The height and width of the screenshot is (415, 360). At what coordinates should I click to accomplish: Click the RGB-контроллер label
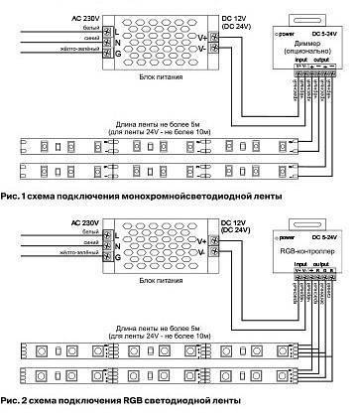coord(303,252)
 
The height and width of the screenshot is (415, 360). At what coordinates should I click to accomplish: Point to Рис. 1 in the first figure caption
coord(14,197)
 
